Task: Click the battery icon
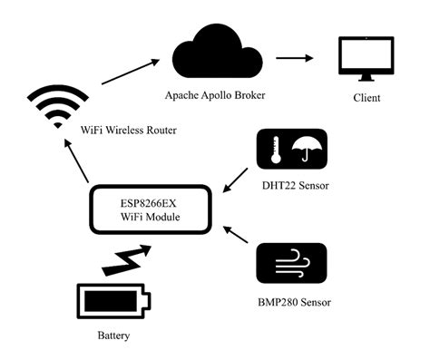click(114, 300)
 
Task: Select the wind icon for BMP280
click(291, 267)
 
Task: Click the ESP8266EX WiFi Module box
click(151, 209)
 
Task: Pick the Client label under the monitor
click(367, 98)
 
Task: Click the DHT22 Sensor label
click(293, 188)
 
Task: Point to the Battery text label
click(113, 336)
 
